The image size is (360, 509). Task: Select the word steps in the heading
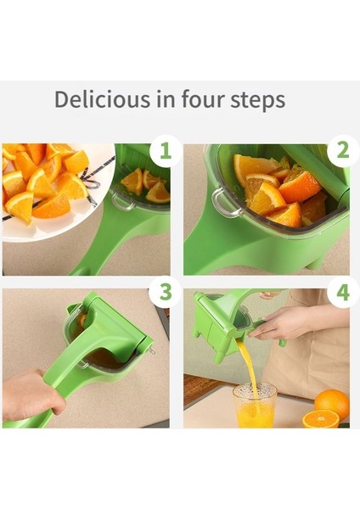coord(258,100)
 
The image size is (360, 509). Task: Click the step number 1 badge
coord(165,151)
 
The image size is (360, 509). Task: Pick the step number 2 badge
coord(342,151)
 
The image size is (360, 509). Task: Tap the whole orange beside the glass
coord(332,403)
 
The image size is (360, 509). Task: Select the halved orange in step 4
coord(321,419)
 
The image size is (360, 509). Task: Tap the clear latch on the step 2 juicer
coord(225,203)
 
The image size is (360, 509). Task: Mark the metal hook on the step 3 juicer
coord(151,350)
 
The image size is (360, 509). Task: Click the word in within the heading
coord(166,98)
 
